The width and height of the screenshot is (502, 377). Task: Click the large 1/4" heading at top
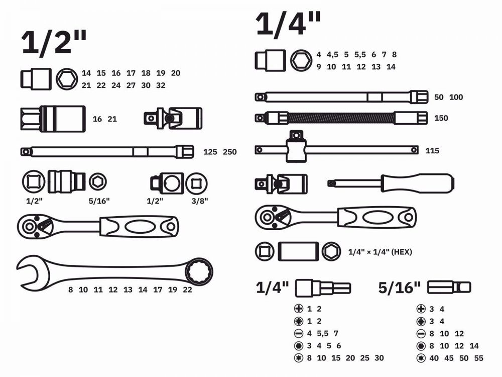(x=288, y=24)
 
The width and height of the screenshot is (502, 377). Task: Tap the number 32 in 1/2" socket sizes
(x=161, y=85)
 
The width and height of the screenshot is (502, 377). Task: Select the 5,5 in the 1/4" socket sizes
(x=360, y=54)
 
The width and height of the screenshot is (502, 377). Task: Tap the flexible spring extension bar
(x=341, y=118)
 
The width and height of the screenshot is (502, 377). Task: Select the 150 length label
(x=441, y=118)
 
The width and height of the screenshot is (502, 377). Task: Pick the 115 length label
(x=432, y=150)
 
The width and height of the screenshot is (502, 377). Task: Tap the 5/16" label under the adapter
(x=99, y=201)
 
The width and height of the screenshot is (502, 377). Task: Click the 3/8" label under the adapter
(x=200, y=201)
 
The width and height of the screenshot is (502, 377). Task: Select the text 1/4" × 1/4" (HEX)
(x=380, y=252)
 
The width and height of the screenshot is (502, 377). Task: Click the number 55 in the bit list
(x=479, y=358)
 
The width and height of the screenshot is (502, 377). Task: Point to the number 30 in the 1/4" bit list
(x=379, y=358)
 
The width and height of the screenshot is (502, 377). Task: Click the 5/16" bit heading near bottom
(x=399, y=288)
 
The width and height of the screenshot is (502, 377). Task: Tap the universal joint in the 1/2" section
(x=173, y=118)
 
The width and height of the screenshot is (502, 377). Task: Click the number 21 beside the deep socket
(x=112, y=119)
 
